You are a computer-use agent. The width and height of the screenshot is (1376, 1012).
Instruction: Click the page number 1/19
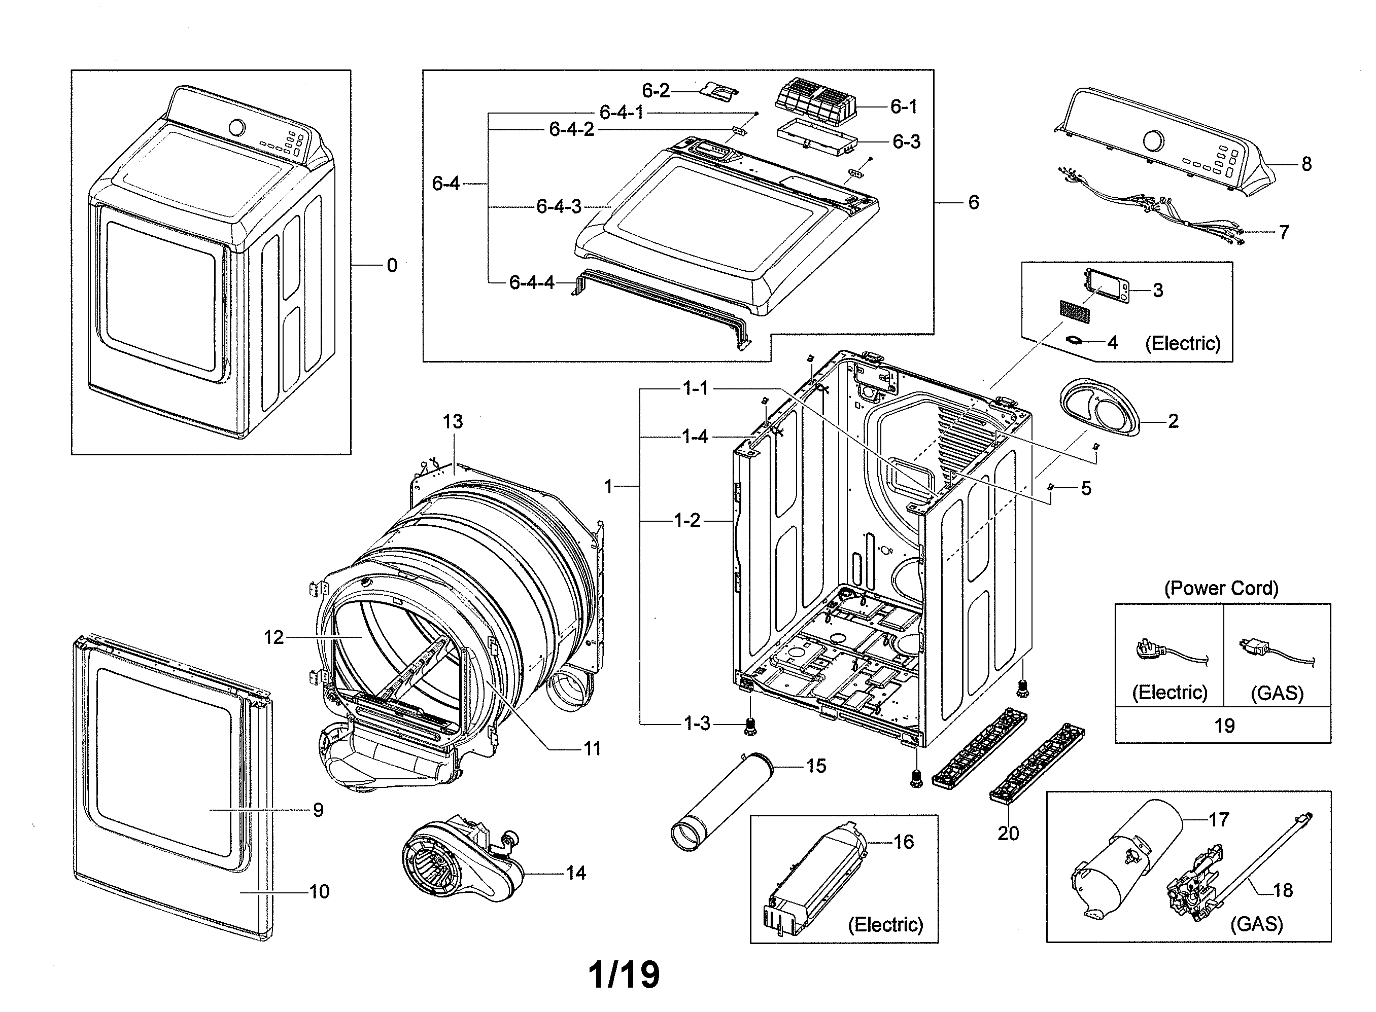[624, 974]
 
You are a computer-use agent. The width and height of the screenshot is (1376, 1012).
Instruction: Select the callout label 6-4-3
[559, 206]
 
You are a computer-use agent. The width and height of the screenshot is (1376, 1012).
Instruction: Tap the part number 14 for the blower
[575, 873]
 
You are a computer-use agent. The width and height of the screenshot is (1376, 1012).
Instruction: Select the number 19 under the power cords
[1224, 726]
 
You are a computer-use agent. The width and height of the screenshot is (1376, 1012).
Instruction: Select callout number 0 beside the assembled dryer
[392, 265]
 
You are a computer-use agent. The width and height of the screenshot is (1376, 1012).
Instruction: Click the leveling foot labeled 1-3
[748, 727]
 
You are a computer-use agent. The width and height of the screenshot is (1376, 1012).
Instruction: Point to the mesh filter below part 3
[1075, 312]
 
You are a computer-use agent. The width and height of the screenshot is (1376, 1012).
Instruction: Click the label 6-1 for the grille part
[904, 106]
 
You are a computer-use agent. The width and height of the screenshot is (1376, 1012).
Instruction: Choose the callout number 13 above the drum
[453, 421]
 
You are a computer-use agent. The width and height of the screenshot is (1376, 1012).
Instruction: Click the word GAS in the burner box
[1256, 924]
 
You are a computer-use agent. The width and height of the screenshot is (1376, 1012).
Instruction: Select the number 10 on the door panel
[319, 891]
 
